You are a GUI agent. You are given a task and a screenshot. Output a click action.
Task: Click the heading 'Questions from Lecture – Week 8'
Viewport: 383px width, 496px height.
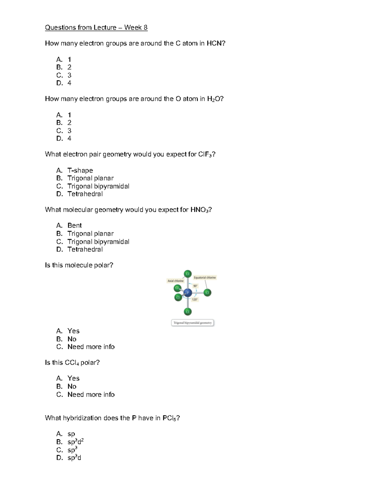[x=96, y=27]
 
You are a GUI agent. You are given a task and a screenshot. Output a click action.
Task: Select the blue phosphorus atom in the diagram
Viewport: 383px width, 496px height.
[x=187, y=292]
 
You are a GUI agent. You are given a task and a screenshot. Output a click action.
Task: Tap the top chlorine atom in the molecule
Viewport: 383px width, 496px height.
[x=187, y=273]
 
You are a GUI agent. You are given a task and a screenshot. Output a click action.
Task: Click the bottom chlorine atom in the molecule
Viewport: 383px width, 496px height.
[x=187, y=311]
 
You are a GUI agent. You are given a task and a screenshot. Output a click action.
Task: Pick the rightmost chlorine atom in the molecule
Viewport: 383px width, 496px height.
[x=207, y=292]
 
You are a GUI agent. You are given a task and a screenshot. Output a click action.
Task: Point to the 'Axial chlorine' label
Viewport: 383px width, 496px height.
[x=176, y=281]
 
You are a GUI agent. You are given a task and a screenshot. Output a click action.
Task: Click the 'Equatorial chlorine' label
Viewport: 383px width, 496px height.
[x=205, y=278]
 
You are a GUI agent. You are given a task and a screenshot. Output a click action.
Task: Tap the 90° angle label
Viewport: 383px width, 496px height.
[x=195, y=286]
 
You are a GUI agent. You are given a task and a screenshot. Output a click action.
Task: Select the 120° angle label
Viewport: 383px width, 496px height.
[x=195, y=300]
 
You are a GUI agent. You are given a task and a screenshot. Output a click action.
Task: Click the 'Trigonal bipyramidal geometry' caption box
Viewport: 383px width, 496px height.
[x=192, y=323]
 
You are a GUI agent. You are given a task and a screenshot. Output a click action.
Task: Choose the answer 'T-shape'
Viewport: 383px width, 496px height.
[x=80, y=170]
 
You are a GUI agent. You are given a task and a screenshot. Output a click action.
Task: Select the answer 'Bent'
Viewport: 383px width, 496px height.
[x=75, y=225]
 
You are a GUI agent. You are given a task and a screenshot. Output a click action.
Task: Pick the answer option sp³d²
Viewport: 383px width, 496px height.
[x=75, y=442]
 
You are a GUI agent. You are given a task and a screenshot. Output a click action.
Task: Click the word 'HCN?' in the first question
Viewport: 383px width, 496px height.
[x=216, y=43]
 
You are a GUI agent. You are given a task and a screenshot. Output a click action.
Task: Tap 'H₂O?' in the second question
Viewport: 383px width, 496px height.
[x=215, y=99]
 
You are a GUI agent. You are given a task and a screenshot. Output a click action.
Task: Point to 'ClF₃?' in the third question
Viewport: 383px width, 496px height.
[x=207, y=155]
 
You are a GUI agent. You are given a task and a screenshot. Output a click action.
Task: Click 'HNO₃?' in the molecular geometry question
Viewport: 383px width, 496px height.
[x=201, y=210]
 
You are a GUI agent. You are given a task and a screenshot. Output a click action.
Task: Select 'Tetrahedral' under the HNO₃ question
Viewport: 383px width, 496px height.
[x=85, y=249]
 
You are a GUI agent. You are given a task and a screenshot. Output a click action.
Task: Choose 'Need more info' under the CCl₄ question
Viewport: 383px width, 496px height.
[x=91, y=394]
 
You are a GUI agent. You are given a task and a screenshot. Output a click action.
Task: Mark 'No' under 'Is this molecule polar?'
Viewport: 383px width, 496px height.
[x=72, y=339]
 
